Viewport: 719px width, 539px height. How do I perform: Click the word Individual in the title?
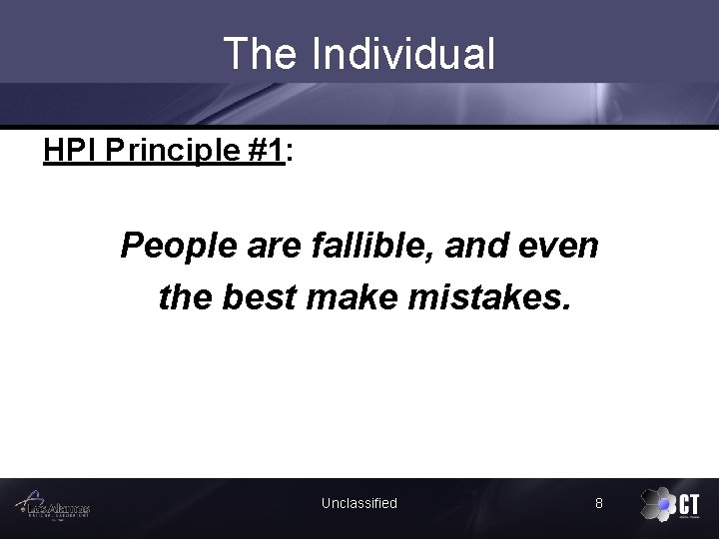[402, 54]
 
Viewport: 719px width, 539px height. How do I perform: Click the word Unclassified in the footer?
[359, 503]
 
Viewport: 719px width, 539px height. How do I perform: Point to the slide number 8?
[598, 503]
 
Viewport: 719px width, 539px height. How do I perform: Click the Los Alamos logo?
[56, 506]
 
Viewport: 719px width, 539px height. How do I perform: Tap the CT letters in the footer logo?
[689, 503]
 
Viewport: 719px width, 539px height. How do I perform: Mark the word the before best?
[189, 297]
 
